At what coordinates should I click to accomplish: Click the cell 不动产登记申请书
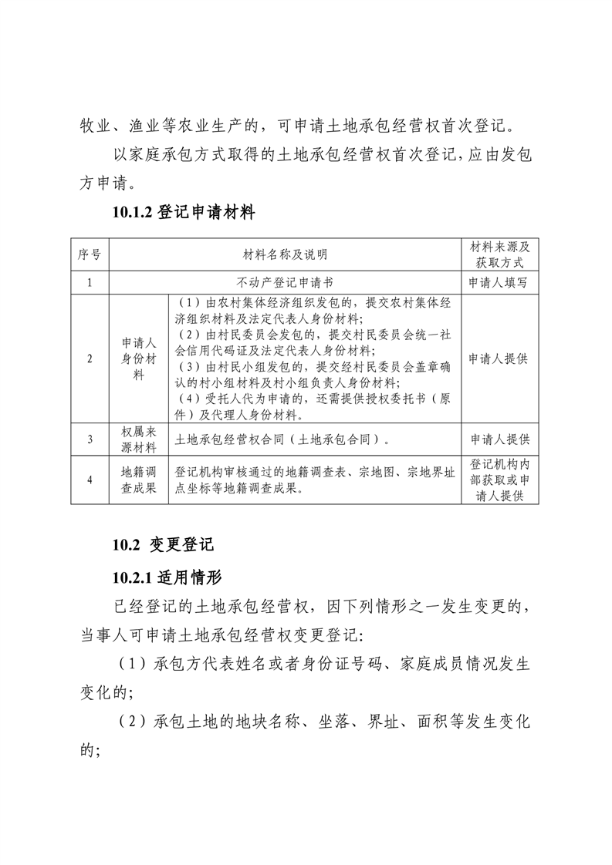[285, 282]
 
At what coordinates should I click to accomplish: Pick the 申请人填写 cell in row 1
[499, 282]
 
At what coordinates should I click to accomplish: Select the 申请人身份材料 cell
[138, 358]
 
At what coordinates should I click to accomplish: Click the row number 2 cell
[90, 358]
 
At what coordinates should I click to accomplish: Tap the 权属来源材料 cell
[138, 439]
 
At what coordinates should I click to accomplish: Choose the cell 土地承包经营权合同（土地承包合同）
[282, 440]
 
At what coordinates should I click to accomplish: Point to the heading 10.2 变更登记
[162, 544]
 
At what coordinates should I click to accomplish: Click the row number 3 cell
[90, 439]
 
